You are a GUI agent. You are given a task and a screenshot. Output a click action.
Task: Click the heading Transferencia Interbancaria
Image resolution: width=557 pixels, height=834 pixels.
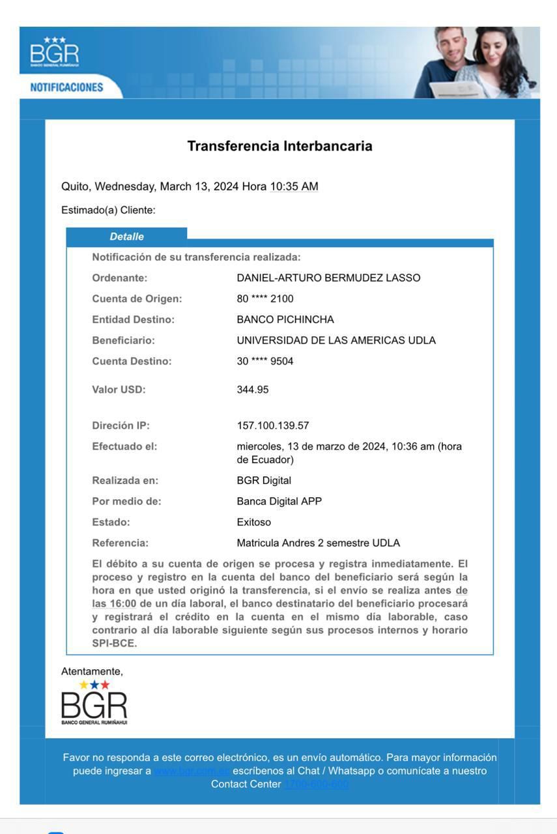(x=279, y=146)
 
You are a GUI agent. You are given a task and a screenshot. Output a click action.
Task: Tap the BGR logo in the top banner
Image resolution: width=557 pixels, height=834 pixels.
(x=55, y=52)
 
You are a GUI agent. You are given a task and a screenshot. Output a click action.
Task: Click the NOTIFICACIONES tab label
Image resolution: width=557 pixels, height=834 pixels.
(x=66, y=87)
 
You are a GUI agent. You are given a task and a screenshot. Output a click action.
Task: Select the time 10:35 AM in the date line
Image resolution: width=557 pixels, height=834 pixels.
(x=294, y=186)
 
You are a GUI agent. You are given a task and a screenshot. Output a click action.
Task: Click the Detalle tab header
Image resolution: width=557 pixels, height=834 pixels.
(x=126, y=237)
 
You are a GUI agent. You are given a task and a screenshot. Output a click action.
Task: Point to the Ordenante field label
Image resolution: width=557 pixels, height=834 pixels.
(x=120, y=278)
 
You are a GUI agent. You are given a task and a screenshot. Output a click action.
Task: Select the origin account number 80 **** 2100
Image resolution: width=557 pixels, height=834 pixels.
(x=265, y=299)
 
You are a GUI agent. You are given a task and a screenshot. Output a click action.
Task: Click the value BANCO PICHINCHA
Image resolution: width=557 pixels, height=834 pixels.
(x=285, y=320)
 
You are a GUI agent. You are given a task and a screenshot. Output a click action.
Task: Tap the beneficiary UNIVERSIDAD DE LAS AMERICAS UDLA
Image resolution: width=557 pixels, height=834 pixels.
(x=336, y=341)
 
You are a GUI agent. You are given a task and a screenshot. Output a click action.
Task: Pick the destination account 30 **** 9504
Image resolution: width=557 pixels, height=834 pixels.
(x=265, y=362)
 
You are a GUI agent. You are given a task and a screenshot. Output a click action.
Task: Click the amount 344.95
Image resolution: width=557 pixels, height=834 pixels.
(x=253, y=390)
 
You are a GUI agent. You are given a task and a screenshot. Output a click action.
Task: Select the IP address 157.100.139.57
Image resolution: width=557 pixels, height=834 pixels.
(x=273, y=426)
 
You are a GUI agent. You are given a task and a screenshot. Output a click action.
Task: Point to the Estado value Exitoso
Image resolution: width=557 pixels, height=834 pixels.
(x=254, y=523)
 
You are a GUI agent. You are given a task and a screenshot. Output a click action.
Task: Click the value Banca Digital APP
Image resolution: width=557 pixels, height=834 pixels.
(x=279, y=502)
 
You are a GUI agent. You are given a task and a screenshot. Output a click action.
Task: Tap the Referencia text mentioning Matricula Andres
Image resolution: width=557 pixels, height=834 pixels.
(x=319, y=543)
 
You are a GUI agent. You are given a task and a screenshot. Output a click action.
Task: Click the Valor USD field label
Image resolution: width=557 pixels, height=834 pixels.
(x=119, y=390)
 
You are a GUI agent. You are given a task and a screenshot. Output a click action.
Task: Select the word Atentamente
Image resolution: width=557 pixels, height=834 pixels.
(x=92, y=671)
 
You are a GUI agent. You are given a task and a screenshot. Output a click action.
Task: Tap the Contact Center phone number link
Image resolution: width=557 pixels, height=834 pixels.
(x=316, y=784)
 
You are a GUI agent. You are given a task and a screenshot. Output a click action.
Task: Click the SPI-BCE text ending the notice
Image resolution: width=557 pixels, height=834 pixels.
(x=115, y=644)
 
